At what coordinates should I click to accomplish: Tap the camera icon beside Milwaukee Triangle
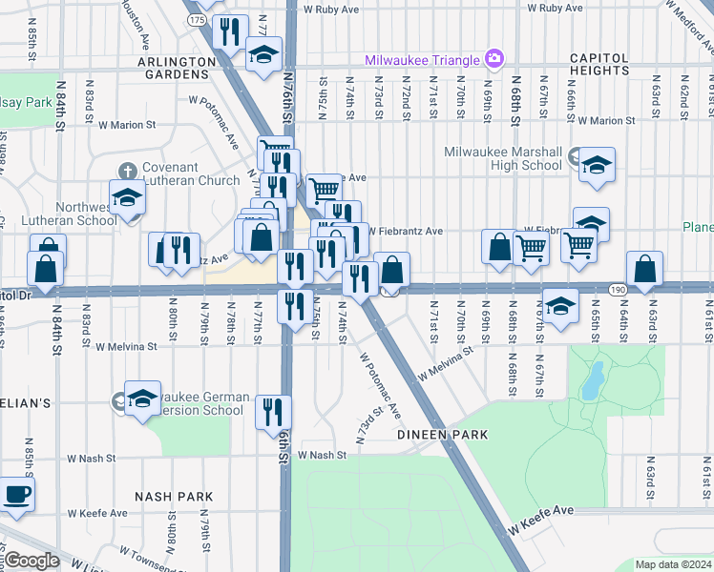493,59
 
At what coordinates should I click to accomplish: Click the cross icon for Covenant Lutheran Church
126,172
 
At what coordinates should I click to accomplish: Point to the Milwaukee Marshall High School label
503,158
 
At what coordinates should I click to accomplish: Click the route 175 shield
197,19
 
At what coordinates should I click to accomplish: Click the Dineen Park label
443,435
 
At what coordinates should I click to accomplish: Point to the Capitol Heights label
599,64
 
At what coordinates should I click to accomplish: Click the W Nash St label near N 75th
321,456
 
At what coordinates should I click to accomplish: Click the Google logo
32,561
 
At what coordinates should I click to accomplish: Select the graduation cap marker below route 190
561,305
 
